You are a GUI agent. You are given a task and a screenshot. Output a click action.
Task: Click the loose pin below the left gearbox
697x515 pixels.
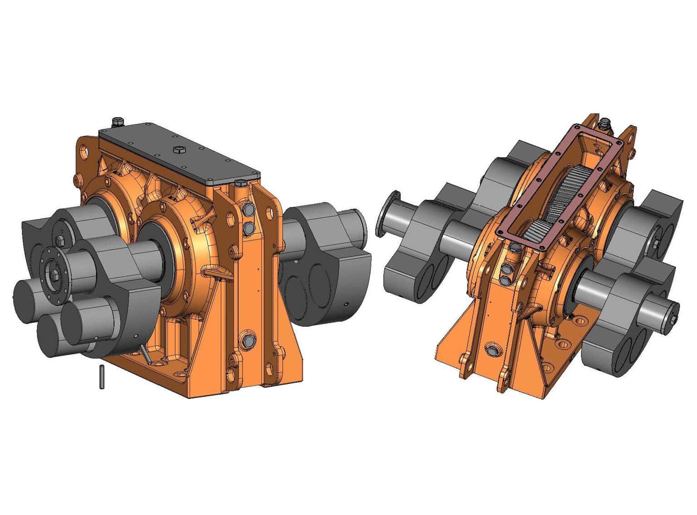102,377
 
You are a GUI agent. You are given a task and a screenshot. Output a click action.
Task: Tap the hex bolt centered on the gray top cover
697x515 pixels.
177,148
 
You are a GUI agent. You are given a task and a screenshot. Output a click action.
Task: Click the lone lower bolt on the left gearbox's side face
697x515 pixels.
249,341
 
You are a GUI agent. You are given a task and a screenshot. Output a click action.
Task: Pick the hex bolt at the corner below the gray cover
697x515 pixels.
240,184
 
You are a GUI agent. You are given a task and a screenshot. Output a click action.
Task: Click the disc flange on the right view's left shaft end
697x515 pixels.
388,214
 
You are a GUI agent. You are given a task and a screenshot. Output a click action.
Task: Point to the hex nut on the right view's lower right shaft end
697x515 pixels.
672,319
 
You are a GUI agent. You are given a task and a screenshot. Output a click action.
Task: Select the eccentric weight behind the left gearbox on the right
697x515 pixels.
324,263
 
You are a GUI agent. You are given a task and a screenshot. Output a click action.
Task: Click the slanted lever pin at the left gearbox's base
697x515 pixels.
145,354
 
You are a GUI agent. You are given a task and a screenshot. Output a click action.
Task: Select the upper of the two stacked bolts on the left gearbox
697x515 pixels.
248,210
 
